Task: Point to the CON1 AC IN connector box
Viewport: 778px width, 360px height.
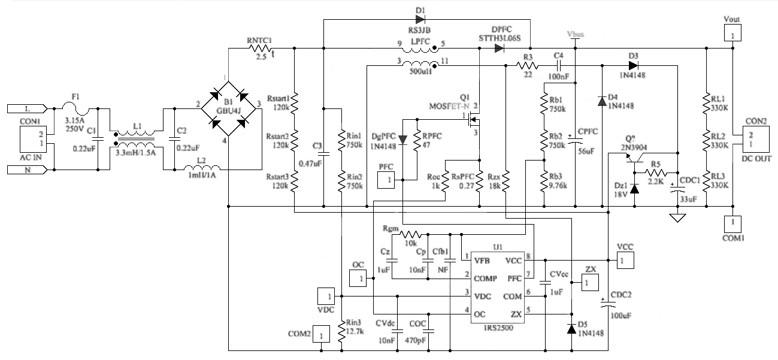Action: [32, 138]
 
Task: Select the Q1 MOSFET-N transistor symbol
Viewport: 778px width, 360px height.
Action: [473, 121]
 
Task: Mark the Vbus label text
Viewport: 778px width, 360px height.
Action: [574, 34]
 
